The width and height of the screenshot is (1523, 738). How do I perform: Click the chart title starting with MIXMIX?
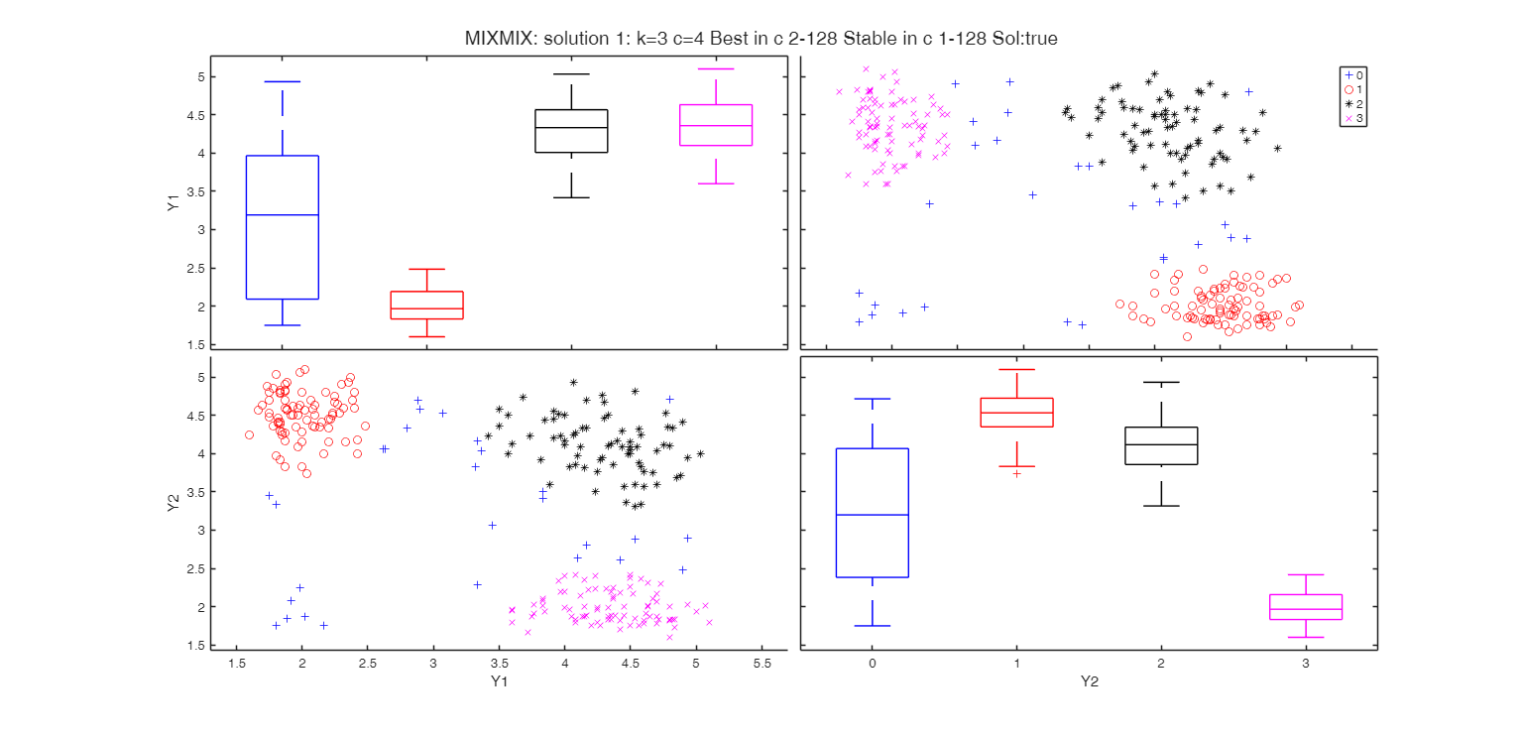click(761, 39)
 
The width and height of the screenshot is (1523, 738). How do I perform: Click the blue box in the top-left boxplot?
click(282, 227)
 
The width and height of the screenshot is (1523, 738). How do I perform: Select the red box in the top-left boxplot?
click(426, 305)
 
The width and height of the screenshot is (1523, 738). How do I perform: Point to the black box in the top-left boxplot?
click(571, 131)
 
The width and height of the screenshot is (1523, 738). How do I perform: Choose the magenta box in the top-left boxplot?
click(716, 125)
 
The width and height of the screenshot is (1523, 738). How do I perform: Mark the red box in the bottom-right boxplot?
click(1016, 413)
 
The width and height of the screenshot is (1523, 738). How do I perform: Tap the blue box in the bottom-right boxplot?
click(872, 513)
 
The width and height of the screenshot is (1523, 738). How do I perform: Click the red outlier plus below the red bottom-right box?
click(1016, 473)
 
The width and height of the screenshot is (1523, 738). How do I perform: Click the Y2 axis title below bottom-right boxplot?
click(1089, 681)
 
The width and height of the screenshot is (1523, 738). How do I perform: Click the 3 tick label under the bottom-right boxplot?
click(1305, 662)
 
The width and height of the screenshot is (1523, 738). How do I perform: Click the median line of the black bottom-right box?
click(1161, 444)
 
